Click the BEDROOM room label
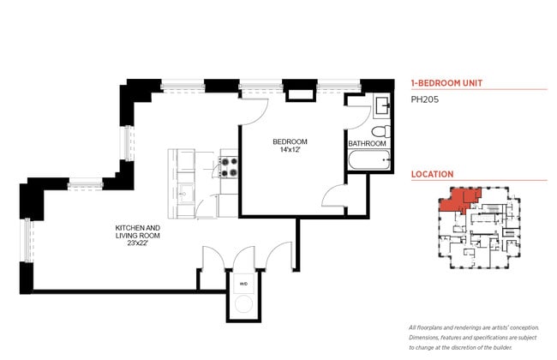(x=290, y=141)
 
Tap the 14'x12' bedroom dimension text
(x=290, y=151)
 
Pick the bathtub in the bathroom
(x=369, y=160)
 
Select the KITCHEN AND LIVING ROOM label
(x=138, y=231)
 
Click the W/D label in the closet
(x=243, y=283)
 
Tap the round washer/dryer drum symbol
(x=243, y=303)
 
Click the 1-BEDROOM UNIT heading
(x=446, y=83)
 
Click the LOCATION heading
(x=432, y=174)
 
